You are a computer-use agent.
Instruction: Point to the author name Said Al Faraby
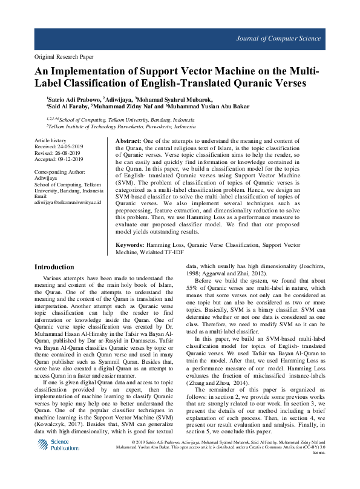point(66,107)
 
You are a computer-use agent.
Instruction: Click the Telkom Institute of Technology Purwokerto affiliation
point(121,127)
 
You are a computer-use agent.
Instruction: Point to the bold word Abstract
point(128,140)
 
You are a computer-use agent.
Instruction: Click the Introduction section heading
point(54,267)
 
